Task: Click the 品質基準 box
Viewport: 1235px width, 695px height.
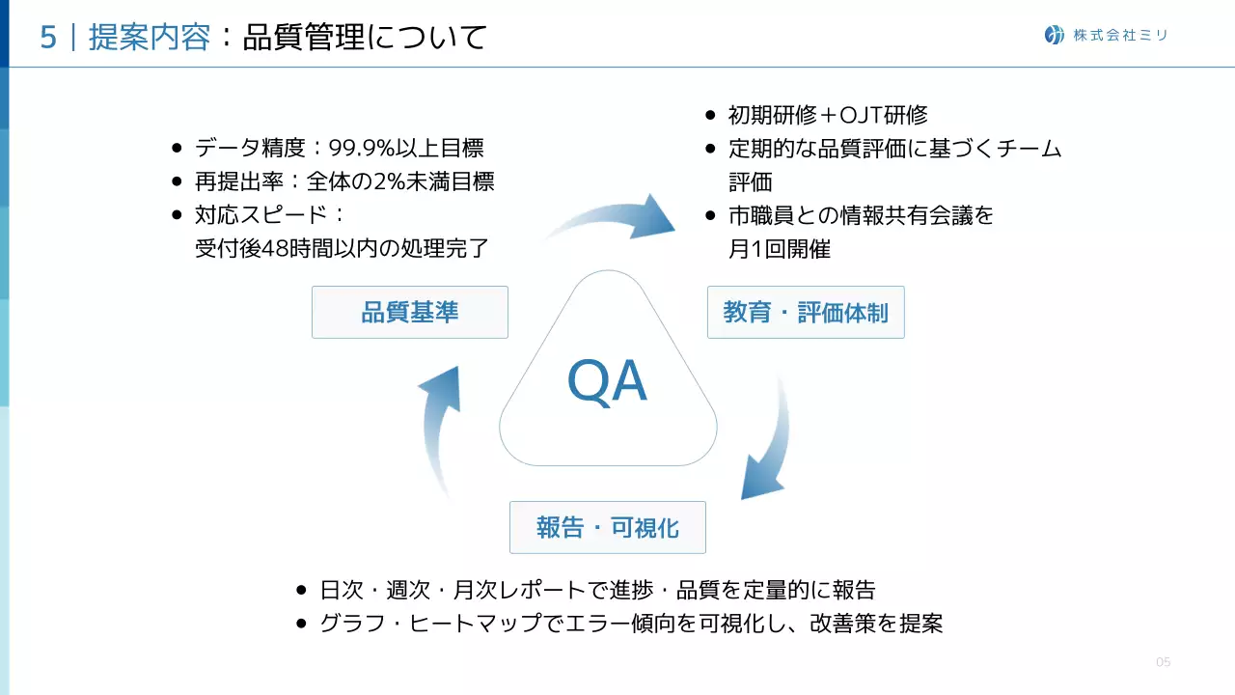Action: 409,312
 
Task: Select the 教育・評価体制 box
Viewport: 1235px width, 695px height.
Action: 806,312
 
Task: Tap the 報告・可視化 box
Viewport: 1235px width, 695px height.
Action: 607,527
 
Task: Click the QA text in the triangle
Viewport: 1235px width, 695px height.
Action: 607,382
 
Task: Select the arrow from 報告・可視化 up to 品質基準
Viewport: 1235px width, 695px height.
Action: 439,425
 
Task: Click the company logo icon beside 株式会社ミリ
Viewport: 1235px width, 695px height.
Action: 1055,35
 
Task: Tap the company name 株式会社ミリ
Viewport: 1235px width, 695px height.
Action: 1120,36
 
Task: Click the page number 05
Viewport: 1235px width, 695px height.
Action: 1163,662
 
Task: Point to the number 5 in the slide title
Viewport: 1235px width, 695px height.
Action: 47,38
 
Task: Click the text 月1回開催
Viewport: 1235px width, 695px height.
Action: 779,248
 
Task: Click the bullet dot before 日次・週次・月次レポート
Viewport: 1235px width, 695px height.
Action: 302,591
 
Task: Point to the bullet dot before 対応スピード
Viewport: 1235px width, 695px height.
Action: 177,215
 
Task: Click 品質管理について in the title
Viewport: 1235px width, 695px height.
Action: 365,38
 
